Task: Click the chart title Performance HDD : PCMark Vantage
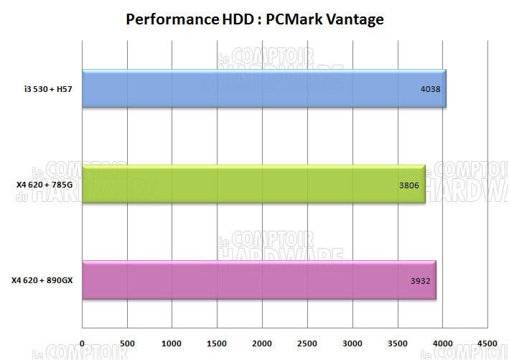255,19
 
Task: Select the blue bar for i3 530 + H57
264,89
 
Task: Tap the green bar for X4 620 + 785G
254,184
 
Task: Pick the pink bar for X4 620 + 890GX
259,280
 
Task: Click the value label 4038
430,89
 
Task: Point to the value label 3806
409,184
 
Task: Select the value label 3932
420,280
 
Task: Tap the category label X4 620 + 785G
45,184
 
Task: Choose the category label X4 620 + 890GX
42,280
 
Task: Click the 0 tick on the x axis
83,342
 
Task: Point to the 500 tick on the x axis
127,342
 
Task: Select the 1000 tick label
172,342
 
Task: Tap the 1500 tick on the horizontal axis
218,342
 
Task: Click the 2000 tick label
262,342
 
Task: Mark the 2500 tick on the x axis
307,342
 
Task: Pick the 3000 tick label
352,342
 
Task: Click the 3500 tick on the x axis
397,342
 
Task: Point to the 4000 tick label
442,342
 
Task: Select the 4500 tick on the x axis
487,342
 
